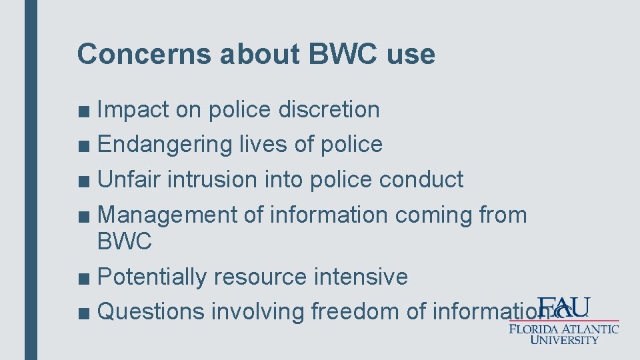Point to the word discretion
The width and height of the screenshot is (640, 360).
(x=329, y=109)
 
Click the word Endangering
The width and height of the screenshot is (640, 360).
(x=164, y=144)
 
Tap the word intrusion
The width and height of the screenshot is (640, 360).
(x=211, y=179)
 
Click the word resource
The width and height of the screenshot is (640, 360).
(x=261, y=276)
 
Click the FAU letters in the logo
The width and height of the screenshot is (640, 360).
(x=563, y=308)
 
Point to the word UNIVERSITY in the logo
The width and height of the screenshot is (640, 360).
(x=564, y=339)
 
